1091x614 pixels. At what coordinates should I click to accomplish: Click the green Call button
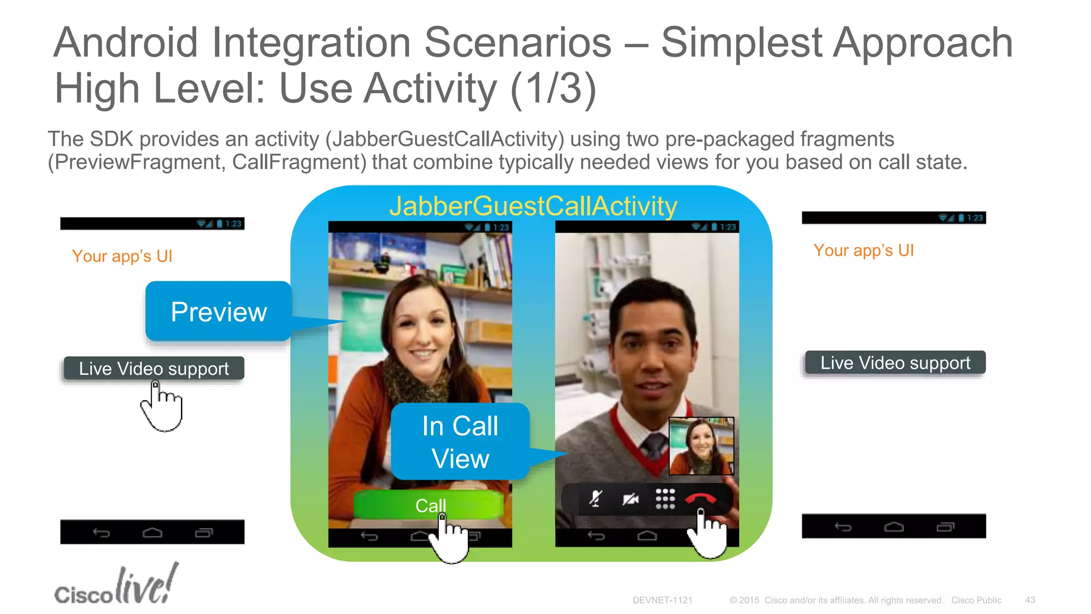428,504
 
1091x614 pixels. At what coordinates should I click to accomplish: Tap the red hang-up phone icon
701,499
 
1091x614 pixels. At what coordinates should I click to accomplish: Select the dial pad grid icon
665,499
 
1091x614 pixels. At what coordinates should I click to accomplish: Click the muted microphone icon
596,499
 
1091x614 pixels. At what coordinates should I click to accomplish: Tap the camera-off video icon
630,499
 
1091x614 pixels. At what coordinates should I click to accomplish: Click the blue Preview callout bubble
218,311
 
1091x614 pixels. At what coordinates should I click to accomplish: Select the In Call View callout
460,441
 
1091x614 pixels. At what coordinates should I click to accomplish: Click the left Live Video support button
153,368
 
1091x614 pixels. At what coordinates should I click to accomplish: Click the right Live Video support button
895,362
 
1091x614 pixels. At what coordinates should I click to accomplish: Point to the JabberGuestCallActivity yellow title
533,206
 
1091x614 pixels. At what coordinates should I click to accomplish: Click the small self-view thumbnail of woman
701,446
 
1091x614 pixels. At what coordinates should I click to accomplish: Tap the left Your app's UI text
122,256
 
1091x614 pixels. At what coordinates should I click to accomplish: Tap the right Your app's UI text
863,250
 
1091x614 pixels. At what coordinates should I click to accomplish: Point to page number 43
1030,600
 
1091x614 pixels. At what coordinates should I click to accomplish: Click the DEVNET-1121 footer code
662,600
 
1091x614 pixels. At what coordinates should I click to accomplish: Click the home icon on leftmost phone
152,532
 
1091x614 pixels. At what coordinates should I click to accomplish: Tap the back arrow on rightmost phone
843,527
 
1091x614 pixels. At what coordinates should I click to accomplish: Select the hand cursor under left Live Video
162,408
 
